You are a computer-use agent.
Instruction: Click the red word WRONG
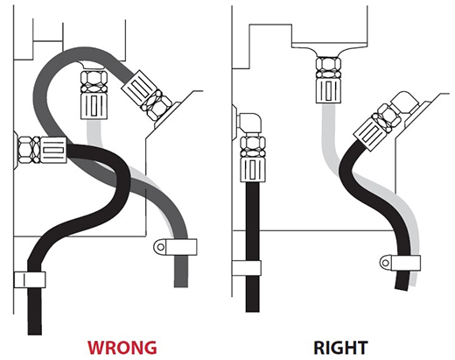(x=122, y=347)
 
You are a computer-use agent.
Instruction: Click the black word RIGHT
(x=340, y=348)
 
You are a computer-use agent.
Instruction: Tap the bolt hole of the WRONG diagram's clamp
(x=160, y=247)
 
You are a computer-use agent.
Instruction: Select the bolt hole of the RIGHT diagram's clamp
(x=385, y=263)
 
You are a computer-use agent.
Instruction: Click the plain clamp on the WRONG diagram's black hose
(x=30, y=279)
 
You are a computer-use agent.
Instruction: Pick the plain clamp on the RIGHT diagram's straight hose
(x=247, y=268)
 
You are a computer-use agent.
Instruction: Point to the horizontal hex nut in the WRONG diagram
(x=29, y=150)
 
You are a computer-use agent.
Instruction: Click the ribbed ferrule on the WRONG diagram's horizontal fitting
(x=53, y=151)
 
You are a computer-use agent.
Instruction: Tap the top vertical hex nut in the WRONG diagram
(x=94, y=81)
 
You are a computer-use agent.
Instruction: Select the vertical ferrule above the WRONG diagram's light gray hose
(x=94, y=106)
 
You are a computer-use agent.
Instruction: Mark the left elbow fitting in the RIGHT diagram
(x=249, y=124)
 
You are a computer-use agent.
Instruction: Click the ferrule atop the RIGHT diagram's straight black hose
(x=253, y=169)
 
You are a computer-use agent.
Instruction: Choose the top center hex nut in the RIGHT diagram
(x=328, y=68)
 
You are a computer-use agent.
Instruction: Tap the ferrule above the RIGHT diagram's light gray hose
(x=328, y=91)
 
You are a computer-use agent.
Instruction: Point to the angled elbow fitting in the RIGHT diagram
(x=405, y=103)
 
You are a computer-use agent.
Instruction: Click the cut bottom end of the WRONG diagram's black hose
(x=35, y=333)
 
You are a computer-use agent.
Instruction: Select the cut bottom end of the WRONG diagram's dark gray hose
(x=181, y=285)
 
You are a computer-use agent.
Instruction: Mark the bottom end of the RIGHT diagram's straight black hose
(x=253, y=310)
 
